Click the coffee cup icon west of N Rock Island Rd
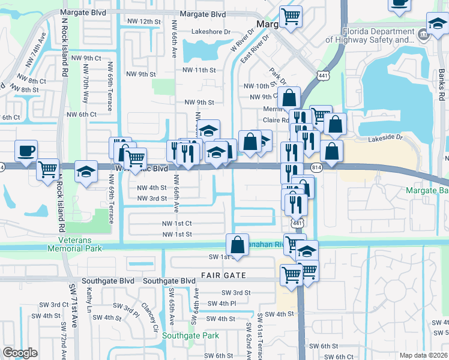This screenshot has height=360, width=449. point(26,151)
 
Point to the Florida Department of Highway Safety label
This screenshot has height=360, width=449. point(378,36)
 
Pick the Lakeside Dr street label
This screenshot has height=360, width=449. point(386,137)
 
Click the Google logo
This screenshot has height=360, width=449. point(20,352)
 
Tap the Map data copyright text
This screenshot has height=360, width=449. point(423,355)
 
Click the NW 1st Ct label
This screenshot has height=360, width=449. point(176,223)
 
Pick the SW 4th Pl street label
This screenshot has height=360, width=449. point(223,304)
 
